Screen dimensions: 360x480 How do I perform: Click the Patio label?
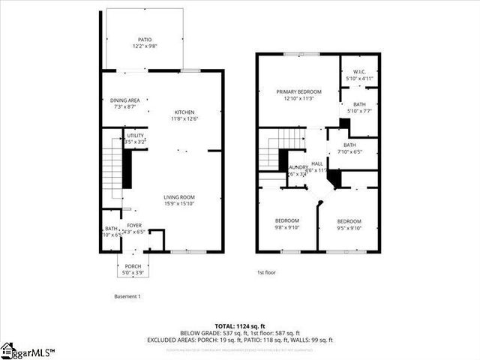click(144, 39)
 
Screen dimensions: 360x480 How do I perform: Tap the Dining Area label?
click(126, 100)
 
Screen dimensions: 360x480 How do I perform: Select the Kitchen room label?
click(184, 112)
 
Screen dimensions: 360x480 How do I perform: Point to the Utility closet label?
click(135, 135)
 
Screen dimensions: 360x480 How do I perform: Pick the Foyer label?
click(133, 225)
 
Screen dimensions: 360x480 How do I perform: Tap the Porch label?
click(133, 266)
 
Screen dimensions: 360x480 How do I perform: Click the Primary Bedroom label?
click(288, 91)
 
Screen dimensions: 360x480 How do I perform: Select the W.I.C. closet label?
click(359, 72)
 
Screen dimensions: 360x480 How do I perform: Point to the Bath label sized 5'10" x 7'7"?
click(359, 104)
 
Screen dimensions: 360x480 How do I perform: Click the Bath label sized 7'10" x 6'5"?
click(349, 145)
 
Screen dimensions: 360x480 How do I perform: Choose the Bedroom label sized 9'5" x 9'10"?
click(349, 221)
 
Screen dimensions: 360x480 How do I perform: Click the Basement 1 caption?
click(127, 296)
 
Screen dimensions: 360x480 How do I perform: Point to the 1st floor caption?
click(267, 272)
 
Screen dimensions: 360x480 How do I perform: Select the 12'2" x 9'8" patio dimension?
click(144, 46)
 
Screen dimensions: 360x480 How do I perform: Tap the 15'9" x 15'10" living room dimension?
click(179, 203)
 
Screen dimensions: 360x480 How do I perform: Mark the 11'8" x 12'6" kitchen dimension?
click(184, 118)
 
